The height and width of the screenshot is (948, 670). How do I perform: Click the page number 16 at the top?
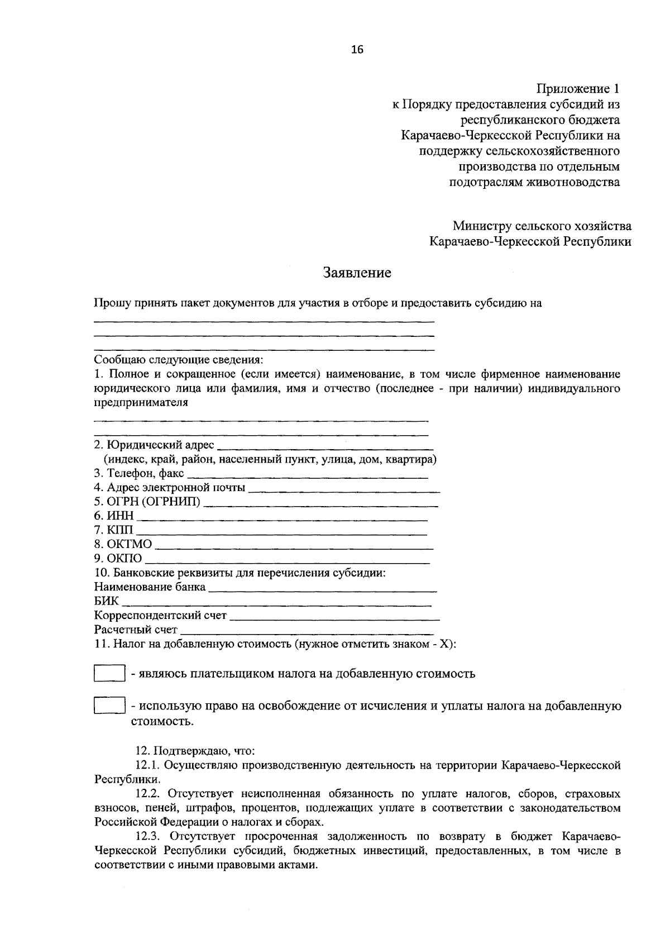[x=357, y=50]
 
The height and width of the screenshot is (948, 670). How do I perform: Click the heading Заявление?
[x=357, y=273]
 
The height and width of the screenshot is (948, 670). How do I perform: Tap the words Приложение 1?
[x=578, y=88]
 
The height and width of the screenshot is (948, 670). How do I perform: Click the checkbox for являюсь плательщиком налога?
[x=109, y=673]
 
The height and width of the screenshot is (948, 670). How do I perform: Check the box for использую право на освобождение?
[x=109, y=706]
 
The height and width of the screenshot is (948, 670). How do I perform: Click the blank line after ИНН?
[x=282, y=517]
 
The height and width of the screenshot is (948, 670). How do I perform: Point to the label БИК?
[x=107, y=602]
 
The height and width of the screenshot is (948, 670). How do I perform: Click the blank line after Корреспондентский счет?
[x=335, y=617]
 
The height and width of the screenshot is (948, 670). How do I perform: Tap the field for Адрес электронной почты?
[x=343, y=489]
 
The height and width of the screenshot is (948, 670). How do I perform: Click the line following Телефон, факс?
[x=307, y=475]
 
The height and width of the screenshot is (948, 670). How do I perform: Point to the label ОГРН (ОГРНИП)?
[x=147, y=502]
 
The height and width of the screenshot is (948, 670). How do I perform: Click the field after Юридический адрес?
[x=325, y=446]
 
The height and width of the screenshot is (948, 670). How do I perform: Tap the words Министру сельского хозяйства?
[x=542, y=226]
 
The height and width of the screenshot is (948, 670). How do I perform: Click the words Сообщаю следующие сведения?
[x=178, y=359]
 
